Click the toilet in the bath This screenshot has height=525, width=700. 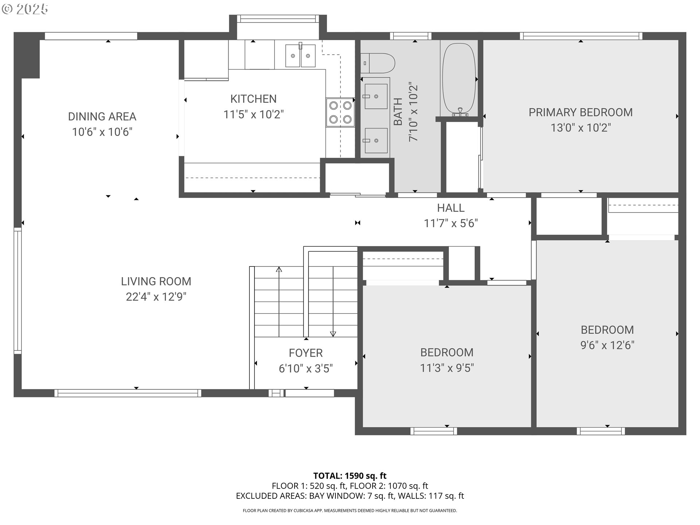[378, 63]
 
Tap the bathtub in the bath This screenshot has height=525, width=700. [459, 80]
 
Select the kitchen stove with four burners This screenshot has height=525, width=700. [340, 112]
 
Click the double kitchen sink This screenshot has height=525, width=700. [300, 55]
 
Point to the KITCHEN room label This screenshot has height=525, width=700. [253, 99]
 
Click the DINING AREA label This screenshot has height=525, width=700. [102, 117]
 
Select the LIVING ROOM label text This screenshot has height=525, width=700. [156, 281]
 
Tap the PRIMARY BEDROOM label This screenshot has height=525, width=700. [581, 112]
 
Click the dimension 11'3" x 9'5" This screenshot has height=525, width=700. [447, 368]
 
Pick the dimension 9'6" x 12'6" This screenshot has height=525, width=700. [607, 345]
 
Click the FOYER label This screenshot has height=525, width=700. [306, 353]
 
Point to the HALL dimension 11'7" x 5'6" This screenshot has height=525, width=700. [451, 223]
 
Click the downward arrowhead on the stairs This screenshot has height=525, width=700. [333, 334]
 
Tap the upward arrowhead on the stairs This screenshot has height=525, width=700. [279, 270]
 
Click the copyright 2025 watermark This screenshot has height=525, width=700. [25, 9]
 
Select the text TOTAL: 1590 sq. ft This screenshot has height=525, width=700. [350, 476]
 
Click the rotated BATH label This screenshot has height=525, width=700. [398, 112]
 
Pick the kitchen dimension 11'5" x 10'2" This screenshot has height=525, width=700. [253, 114]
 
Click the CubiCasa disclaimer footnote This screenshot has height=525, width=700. [350, 511]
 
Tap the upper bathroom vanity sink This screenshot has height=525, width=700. [376, 96]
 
